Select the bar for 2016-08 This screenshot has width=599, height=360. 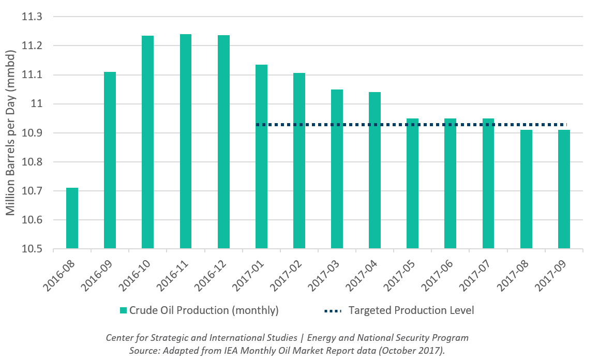click(72, 218)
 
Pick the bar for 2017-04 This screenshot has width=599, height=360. click(375, 170)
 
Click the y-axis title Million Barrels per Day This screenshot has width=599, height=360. click(10, 133)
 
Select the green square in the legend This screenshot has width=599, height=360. click(123, 311)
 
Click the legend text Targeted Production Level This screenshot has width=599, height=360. click(411, 311)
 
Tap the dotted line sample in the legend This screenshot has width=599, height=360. click(333, 311)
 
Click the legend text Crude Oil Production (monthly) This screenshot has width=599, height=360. click(204, 311)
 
